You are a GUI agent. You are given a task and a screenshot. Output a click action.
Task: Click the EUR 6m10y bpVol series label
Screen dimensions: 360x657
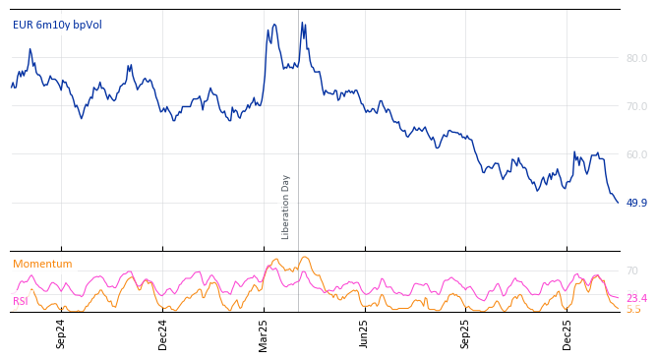pyautogui.click(x=57, y=26)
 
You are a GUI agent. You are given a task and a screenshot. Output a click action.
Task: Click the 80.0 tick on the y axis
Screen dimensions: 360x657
pyautogui.click(x=636, y=58)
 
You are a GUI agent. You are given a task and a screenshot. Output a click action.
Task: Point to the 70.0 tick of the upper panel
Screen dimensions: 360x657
pyautogui.click(x=636, y=106)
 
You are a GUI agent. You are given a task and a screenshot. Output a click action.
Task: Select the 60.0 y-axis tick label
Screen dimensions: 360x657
pyautogui.click(x=636, y=154)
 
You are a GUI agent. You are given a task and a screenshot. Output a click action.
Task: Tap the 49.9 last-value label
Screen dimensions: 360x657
pyautogui.click(x=636, y=203)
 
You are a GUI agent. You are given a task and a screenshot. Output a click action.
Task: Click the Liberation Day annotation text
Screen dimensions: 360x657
pyautogui.click(x=286, y=207)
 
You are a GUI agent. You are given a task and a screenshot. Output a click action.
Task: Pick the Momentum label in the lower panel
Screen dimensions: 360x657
pyautogui.click(x=42, y=265)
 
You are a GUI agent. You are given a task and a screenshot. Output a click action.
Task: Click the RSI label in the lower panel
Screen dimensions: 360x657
pyautogui.click(x=20, y=301)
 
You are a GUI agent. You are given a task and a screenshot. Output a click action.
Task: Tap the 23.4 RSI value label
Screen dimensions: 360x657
pyautogui.click(x=636, y=298)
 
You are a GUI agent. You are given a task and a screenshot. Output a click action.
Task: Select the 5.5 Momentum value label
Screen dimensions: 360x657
pyautogui.click(x=633, y=309)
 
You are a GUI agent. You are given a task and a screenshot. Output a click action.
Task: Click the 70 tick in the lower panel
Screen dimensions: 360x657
pyautogui.click(x=632, y=270)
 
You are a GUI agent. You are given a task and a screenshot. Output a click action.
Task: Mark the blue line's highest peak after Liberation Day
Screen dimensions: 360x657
pyautogui.click(x=302, y=23)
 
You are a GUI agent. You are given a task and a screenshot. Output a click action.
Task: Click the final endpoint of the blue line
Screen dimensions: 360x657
pyautogui.click(x=618, y=203)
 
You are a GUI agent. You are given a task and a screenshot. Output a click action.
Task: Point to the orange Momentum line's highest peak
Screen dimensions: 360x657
pyautogui.click(x=305, y=258)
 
